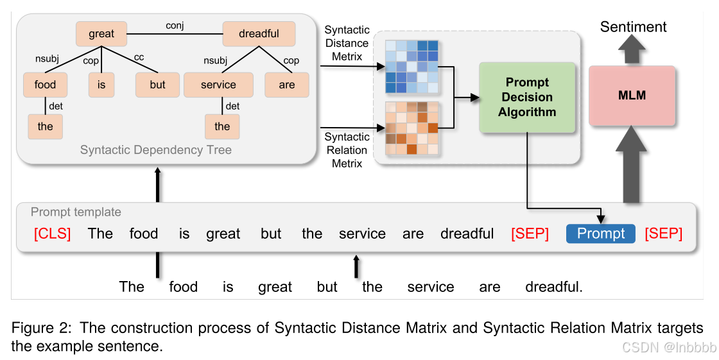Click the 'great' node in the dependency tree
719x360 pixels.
101,34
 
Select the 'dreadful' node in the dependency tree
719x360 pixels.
259,34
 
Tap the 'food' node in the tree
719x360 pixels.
45,85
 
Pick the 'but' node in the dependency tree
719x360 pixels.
157,85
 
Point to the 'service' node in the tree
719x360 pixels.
218,85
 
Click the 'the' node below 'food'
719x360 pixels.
45,126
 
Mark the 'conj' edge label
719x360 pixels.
175,26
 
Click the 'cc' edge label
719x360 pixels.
139,58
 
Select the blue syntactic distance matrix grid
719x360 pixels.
411,67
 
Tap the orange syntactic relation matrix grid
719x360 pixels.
411,128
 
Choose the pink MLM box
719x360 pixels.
632,96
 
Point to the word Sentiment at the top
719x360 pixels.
633,27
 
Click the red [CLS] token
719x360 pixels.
53,234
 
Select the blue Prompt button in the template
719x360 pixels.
600,234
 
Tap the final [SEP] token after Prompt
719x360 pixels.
663,234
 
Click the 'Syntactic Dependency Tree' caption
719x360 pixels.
156,150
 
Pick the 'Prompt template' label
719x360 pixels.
76,212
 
